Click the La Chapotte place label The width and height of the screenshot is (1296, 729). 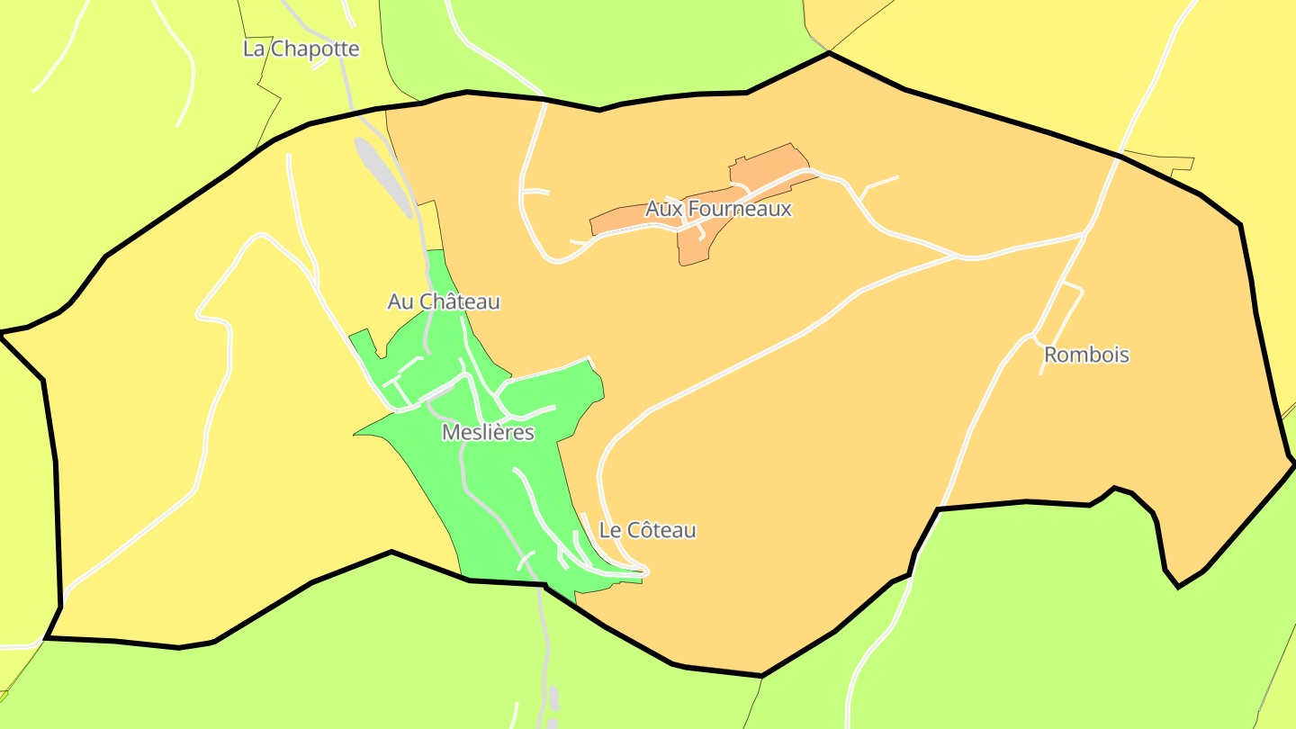[301, 49]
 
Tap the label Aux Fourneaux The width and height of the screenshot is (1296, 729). [718, 209]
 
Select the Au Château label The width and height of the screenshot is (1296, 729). [443, 301]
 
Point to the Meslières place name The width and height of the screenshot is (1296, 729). [488, 433]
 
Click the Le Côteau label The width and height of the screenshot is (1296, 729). [647, 530]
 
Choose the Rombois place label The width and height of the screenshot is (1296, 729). [1085, 355]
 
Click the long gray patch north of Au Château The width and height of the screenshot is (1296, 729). [383, 176]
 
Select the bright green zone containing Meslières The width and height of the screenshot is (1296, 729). [504, 486]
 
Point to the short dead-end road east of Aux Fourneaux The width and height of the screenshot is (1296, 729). [880, 183]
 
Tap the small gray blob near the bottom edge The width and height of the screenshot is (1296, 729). [553, 698]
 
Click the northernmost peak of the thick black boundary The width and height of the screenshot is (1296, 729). [828, 53]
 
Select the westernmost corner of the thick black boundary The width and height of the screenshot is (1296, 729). [2, 334]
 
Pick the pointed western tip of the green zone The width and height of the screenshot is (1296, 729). [355, 435]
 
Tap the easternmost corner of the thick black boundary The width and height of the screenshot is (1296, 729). [1293, 464]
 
